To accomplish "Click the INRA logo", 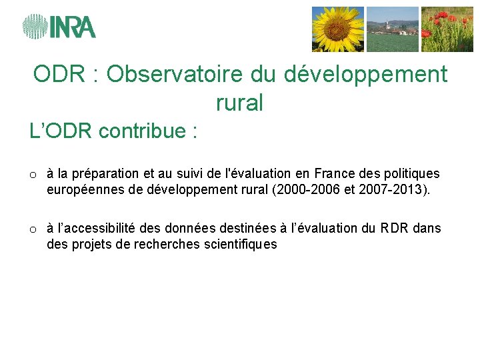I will point(59,27).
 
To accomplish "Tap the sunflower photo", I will point(338,29).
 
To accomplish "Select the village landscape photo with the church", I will point(393,29).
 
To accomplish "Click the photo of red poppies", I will point(447,29).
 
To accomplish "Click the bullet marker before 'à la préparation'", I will point(32,175).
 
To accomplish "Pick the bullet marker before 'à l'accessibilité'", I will point(32,229).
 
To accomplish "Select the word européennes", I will point(81,189).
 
